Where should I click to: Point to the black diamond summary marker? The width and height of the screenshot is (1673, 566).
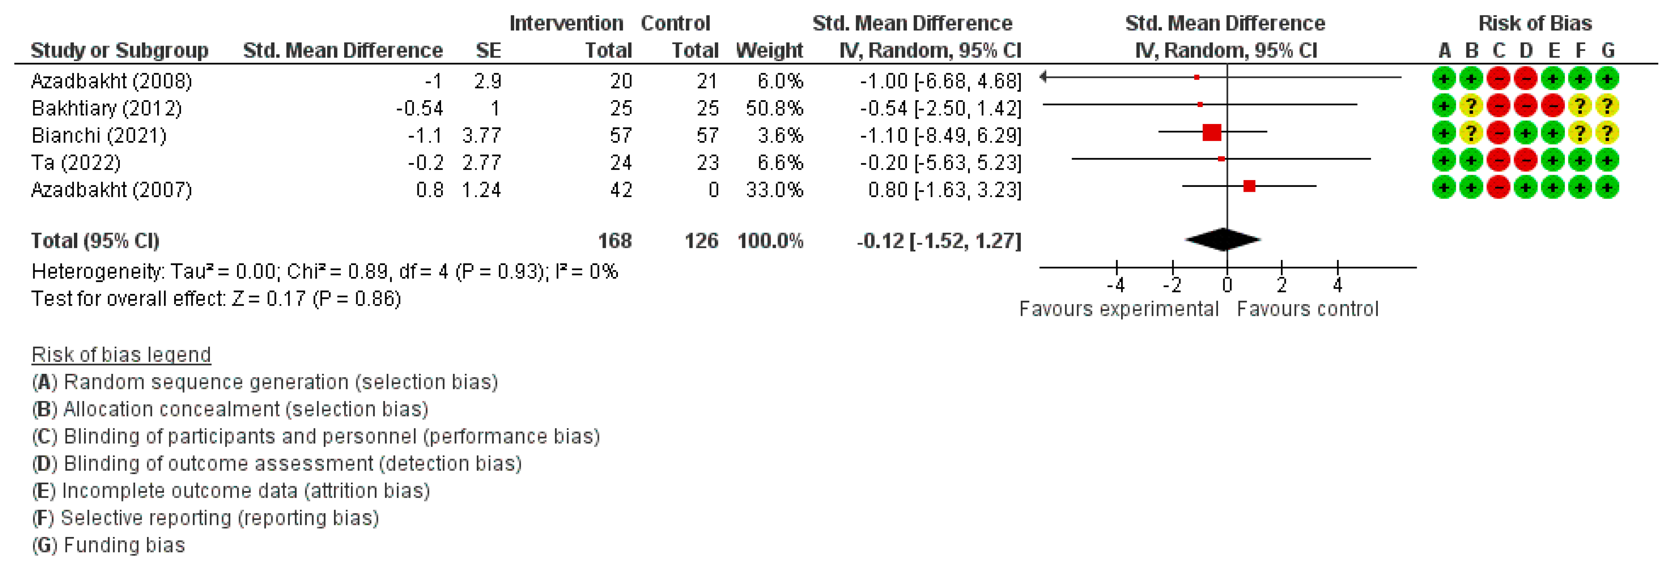coord(1223,240)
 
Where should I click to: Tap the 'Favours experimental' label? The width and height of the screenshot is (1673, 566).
coord(1118,309)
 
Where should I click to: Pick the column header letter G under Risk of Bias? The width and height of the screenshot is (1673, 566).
coord(1607,50)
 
